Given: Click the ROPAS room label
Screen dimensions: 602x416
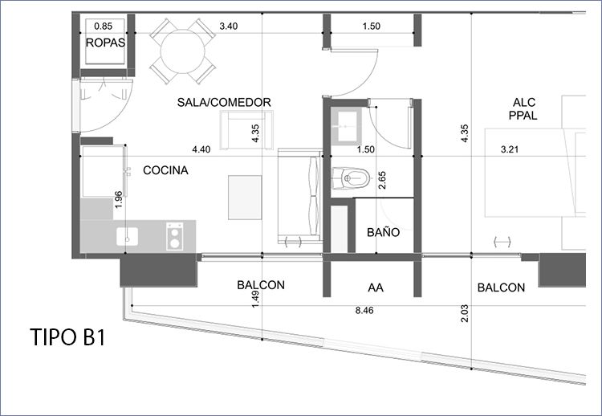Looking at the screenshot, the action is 105,43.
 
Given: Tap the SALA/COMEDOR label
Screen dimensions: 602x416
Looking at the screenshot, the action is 224,102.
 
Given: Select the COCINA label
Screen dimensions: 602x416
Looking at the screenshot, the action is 165,170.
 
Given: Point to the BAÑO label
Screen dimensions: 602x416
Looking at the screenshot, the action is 383,232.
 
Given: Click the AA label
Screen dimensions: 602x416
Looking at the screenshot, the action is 376,288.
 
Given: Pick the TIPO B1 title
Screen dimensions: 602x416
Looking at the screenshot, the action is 67,337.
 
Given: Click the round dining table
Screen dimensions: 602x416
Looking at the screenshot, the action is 183,51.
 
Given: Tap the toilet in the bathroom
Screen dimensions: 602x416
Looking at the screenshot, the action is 351,178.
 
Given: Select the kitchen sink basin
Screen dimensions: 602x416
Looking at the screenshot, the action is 128,236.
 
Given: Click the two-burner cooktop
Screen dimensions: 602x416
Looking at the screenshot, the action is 175,236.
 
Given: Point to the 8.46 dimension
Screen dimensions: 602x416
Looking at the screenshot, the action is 364,310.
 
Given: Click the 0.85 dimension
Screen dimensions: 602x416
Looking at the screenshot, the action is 104,27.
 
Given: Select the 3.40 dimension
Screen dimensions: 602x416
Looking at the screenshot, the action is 229,27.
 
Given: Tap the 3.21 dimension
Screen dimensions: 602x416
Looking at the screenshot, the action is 510,149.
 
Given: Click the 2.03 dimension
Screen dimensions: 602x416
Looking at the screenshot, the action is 465,313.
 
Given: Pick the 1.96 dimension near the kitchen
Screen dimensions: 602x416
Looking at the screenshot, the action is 119,200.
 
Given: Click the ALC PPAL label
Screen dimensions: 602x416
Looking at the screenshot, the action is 523,108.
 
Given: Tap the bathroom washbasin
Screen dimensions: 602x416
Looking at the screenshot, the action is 346,126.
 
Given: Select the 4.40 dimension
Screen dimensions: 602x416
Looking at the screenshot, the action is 201,149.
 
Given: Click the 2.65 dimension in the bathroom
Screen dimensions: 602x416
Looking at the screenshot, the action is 382,180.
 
